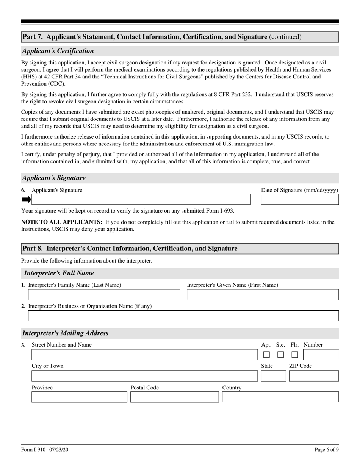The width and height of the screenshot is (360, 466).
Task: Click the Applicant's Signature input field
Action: point(141,200)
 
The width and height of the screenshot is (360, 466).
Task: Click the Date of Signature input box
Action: point(300,200)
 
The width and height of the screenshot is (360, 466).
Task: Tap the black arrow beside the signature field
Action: point(26,200)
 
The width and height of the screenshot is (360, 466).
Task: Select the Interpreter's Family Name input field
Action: point(104,295)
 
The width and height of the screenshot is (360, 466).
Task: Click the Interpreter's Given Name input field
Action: point(263,295)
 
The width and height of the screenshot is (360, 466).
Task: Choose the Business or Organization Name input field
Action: point(183,316)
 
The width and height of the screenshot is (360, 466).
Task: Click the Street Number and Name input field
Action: point(144,355)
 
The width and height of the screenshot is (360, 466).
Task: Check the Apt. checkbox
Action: point(266,355)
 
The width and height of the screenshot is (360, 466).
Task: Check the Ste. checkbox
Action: point(280,355)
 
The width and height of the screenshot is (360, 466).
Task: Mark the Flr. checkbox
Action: point(295,355)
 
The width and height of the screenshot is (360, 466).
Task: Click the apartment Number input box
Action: point(321,355)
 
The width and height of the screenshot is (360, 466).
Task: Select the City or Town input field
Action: point(144,376)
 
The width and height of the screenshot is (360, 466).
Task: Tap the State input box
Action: point(274,376)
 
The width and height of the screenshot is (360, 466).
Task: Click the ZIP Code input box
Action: point(314,376)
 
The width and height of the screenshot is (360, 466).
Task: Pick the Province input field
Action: point(79,397)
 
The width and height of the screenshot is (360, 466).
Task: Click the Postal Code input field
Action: point(175,397)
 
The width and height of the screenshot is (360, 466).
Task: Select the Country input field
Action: point(280,397)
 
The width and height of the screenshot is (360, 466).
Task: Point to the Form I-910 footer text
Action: point(45,450)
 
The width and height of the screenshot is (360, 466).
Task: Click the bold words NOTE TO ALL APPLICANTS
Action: point(62,222)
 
